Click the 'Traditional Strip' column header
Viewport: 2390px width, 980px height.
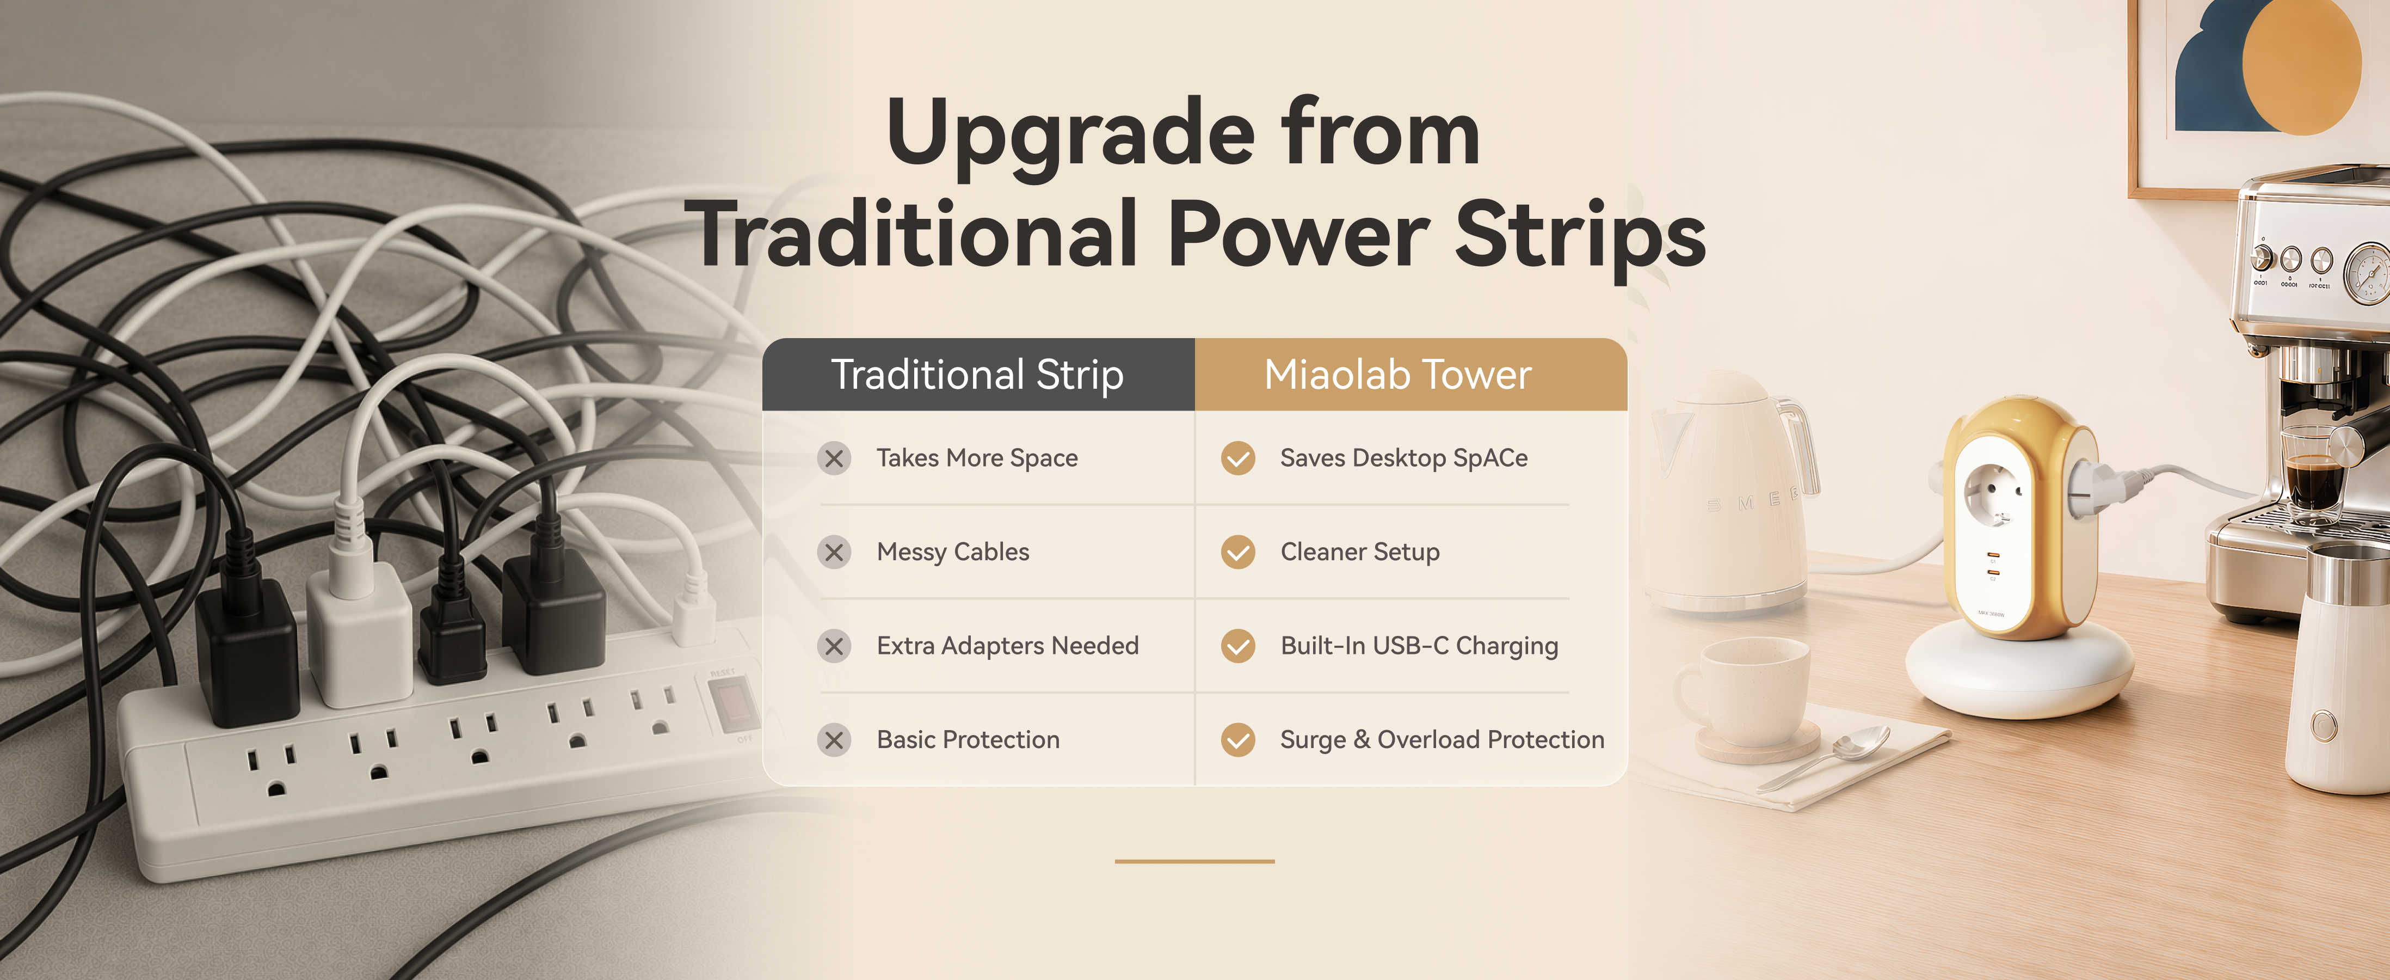(978, 375)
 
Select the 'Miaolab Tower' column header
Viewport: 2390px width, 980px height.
(1410, 375)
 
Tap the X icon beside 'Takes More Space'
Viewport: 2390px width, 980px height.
(834, 458)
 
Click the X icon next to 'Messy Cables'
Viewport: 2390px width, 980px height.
(834, 552)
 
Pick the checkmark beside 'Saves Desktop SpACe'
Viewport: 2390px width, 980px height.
(1237, 458)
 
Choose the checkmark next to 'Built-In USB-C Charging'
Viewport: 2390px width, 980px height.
(1237, 646)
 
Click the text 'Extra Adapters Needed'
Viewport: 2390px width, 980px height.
(1008, 646)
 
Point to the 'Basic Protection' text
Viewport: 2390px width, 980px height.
(968, 740)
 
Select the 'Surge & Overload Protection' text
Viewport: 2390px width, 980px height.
(1442, 740)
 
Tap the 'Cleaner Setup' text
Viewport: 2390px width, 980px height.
(1360, 552)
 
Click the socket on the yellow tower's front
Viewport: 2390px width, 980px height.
(1991, 492)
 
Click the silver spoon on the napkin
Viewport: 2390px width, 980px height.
(1828, 756)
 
